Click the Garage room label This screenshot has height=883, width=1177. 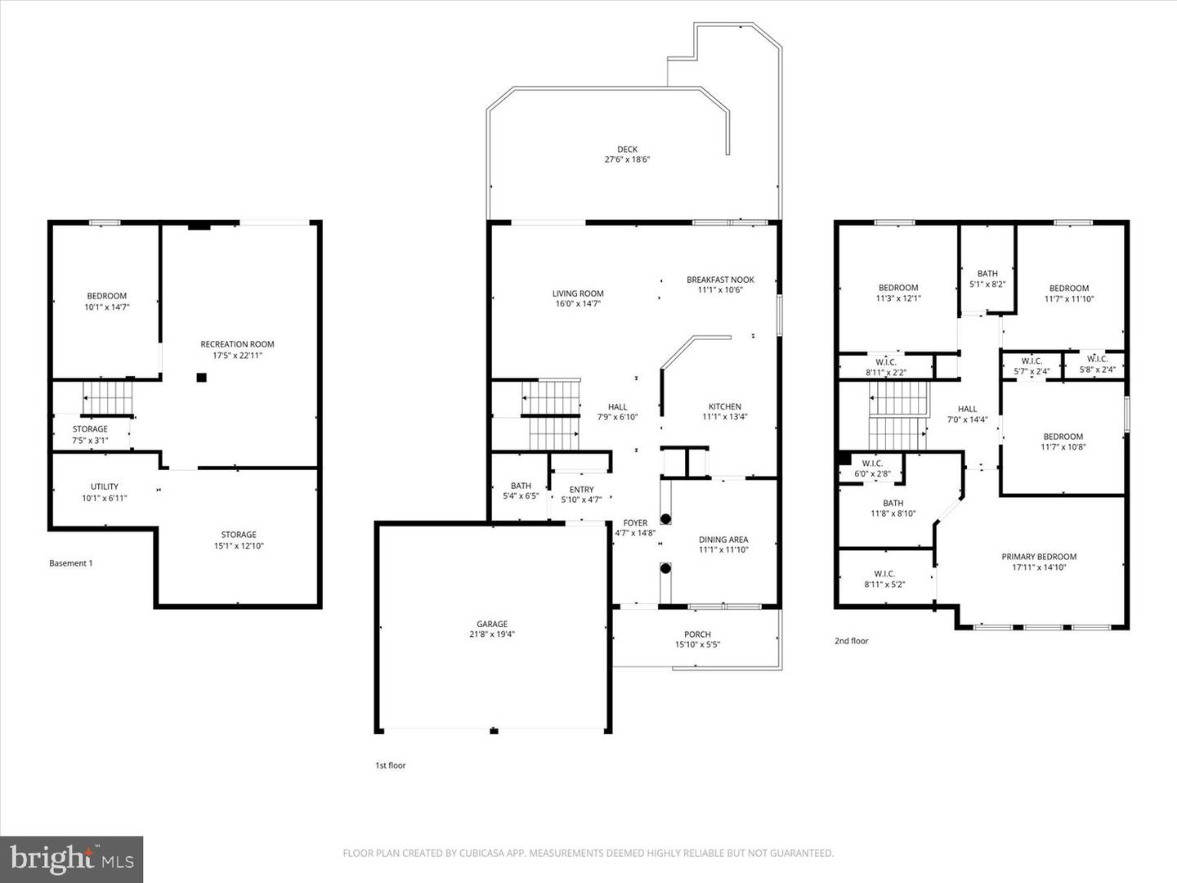(492, 624)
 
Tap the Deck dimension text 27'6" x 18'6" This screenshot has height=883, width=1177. (627, 160)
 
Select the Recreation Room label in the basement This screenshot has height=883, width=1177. (237, 344)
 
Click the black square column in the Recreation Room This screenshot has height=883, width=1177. (200, 378)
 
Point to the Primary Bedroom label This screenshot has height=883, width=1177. (1039, 557)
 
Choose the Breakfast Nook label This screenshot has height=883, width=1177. (720, 280)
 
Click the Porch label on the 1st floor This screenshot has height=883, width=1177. (697, 634)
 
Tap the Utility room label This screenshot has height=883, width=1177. (105, 486)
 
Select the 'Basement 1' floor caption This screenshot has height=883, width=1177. (71, 563)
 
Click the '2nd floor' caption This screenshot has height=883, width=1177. (851, 641)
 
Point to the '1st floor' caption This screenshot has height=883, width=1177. (390, 766)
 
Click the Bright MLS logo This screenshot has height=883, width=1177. (72, 859)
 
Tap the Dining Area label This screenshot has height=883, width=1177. (723, 540)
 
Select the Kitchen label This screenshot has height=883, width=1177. (724, 406)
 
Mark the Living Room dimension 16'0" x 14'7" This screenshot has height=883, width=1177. (578, 304)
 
